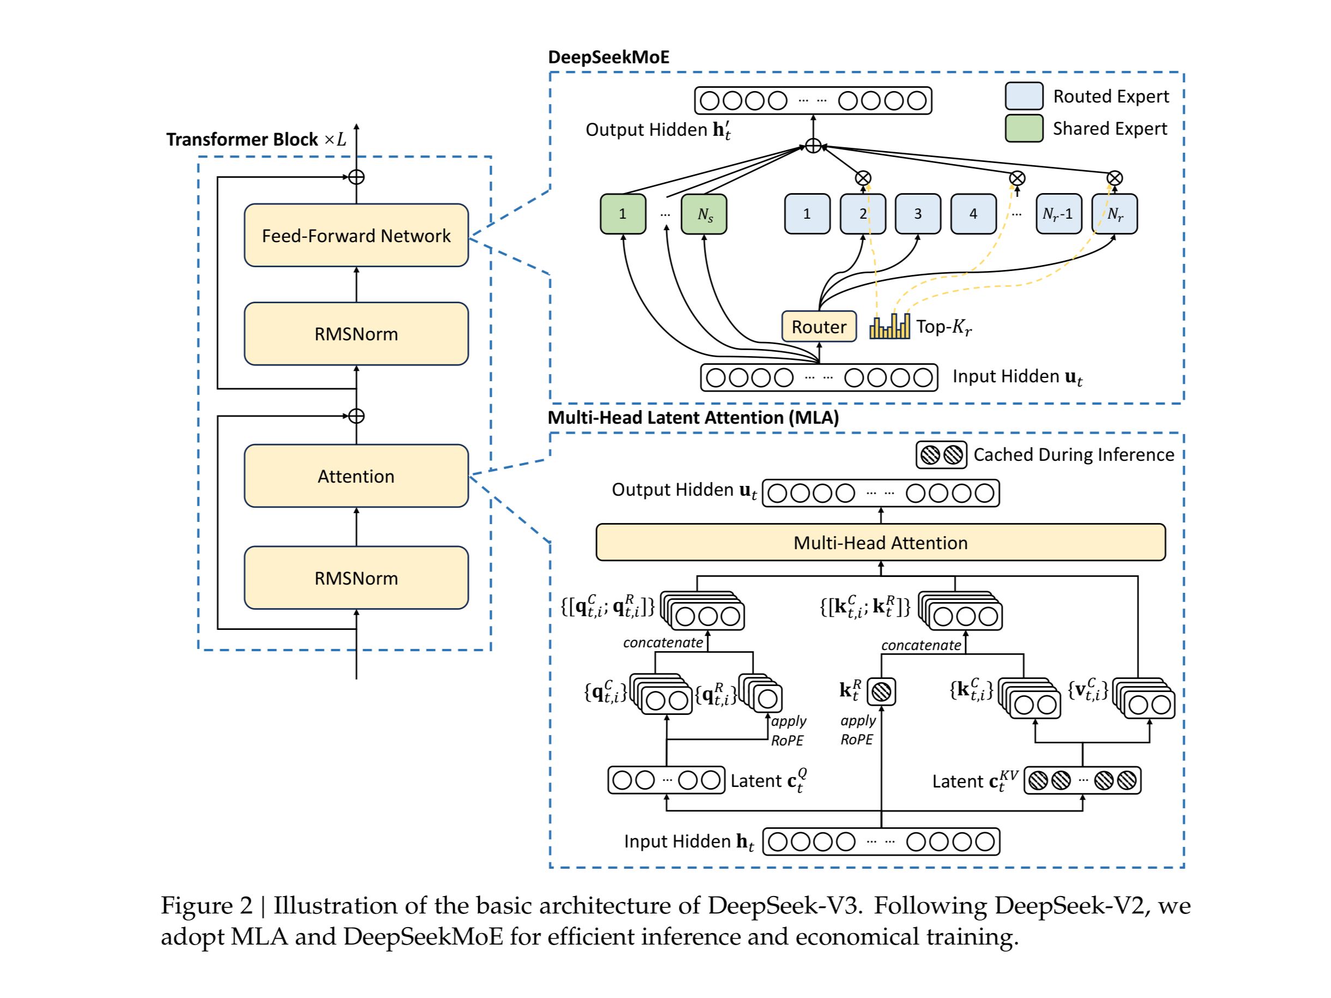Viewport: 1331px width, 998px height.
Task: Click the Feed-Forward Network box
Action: [356, 236]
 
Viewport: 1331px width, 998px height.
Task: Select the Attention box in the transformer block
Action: [356, 476]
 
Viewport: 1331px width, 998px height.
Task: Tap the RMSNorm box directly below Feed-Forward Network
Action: [356, 334]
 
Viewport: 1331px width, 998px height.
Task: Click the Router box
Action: [818, 327]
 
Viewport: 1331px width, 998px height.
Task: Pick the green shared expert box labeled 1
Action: [623, 214]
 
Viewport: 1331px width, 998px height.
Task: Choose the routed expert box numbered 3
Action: [918, 214]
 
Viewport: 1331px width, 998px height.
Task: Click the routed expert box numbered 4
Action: [973, 214]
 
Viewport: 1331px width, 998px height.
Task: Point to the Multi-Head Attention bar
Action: [880, 542]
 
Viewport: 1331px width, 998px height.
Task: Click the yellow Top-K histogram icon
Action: [889, 327]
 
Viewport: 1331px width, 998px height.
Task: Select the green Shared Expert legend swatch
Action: [1023, 129]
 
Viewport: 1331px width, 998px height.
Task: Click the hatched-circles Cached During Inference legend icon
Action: [941, 455]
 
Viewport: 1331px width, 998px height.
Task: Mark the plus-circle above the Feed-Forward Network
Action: [357, 177]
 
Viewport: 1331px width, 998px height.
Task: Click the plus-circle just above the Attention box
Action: [357, 416]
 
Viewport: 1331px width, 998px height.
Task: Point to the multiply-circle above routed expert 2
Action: [863, 178]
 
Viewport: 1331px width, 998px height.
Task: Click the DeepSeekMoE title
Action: [609, 57]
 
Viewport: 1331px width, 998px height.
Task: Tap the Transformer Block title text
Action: [242, 140]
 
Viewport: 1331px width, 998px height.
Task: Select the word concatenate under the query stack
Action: [663, 643]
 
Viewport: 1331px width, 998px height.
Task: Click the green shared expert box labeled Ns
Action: [704, 214]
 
